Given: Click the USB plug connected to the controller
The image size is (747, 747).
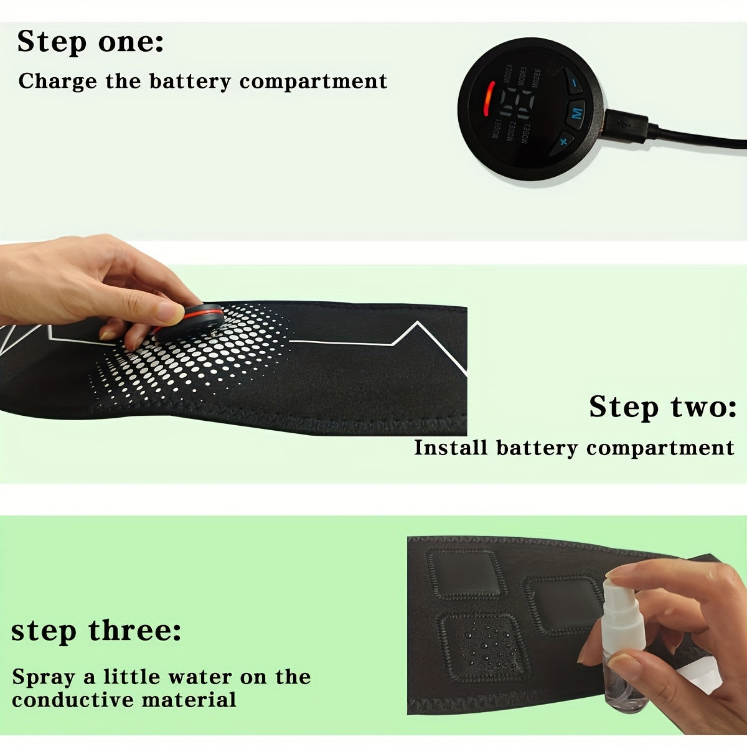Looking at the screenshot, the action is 626,124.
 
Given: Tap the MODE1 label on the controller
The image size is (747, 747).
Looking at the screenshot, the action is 497,129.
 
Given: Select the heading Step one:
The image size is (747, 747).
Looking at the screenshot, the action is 91,42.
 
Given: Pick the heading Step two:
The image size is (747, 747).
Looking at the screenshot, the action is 662,407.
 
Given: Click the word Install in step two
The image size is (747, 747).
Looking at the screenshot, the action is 451,448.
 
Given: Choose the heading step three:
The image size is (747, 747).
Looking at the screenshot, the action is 96,631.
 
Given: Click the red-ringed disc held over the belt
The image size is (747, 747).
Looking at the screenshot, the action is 188,322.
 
